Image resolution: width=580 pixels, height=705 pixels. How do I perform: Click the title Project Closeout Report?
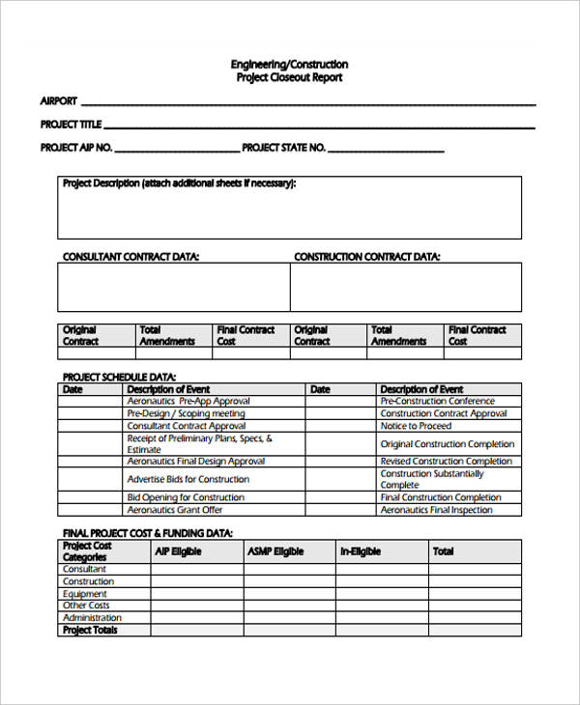(x=289, y=77)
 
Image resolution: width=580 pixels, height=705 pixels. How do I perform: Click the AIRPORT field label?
(x=58, y=100)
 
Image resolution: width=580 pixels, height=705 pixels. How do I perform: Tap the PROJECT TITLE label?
(x=71, y=125)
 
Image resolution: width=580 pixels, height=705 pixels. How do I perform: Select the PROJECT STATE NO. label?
(x=283, y=148)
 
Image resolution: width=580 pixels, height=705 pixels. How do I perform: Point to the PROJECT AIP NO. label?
(x=76, y=148)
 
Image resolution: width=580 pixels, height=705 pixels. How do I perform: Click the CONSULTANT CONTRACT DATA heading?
(x=130, y=257)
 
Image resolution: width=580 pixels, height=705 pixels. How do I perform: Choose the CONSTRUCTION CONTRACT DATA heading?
(x=366, y=257)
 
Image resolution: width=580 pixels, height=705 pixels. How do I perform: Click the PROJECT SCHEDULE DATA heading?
(x=119, y=378)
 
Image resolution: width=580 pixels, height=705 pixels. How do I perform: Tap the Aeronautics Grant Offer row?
(x=175, y=510)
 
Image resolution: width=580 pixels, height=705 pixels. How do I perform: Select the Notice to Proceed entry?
(x=416, y=426)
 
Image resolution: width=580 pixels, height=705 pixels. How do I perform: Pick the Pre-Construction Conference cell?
(x=437, y=401)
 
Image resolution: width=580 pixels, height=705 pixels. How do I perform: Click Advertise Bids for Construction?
(x=188, y=479)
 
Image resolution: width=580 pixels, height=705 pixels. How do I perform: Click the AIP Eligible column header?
(x=179, y=551)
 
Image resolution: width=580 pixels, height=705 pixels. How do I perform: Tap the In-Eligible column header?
(x=362, y=551)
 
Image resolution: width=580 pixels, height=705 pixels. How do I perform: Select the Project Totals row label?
(x=90, y=630)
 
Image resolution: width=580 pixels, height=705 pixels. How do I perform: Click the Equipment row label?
(x=85, y=594)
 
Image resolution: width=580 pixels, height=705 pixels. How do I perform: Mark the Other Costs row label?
(x=86, y=606)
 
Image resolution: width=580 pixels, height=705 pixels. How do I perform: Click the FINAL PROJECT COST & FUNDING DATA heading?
(x=147, y=533)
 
